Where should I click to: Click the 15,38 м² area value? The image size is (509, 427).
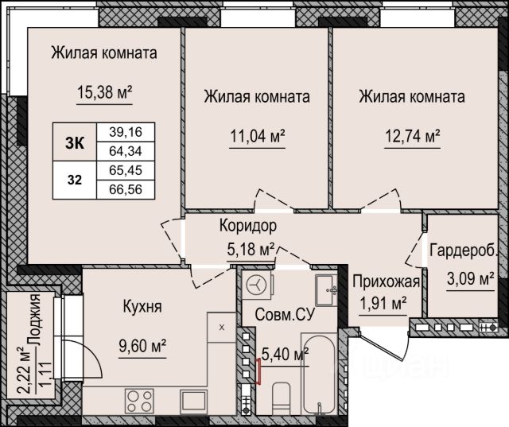[104, 92]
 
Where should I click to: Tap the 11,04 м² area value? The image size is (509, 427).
[258, 136]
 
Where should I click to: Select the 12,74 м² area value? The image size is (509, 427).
[412, 136]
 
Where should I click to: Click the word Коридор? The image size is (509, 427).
[248, 226]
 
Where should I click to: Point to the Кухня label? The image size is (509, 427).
[142, 306]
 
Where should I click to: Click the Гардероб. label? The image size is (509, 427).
[464, 250]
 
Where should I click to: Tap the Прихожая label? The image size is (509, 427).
[387, 281]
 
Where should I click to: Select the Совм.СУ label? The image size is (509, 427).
[285, 314]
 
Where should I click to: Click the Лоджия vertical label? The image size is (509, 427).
[34, 320]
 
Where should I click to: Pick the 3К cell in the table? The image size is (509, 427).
[75, 142]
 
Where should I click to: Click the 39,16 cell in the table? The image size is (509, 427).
[126, 132]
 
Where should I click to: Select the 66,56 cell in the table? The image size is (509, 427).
[126, 189]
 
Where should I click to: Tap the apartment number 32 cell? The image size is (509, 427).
[75, 180]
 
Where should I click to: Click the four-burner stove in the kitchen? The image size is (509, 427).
[140, 401]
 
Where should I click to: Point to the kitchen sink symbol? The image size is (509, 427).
[194, 401]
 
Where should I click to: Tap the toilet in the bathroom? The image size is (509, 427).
[281, 398]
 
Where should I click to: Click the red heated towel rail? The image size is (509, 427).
[258, 371]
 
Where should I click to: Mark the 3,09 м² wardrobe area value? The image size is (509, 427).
[470, 278]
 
